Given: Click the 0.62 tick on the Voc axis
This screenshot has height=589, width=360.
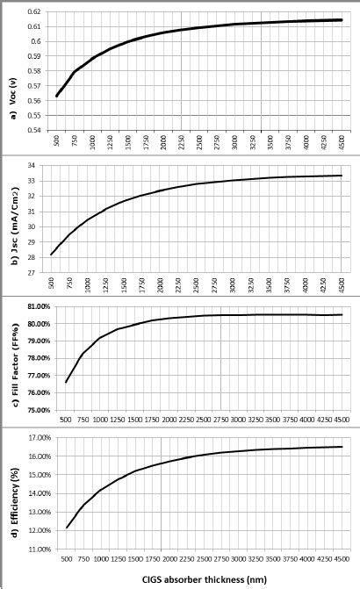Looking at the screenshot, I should (32, 12).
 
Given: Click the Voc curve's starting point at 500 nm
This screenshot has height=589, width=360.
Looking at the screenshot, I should (56, 96).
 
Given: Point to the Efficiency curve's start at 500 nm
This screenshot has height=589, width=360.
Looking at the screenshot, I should (66, 528).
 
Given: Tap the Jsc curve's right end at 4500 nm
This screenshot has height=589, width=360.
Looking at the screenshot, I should (342, 176).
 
